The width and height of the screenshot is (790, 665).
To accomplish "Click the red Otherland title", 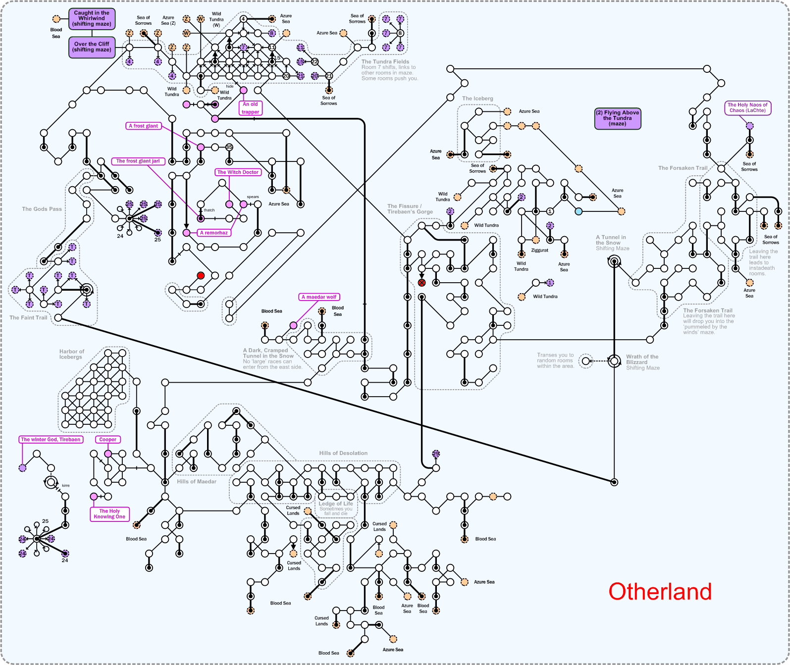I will (660, 592).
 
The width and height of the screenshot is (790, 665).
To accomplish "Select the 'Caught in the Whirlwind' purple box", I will (92, 19).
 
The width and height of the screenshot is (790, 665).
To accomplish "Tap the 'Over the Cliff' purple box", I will (92, 47).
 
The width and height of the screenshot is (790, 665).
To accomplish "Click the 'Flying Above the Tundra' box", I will (618, 118).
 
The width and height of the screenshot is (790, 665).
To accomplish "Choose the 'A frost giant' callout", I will (143, 126).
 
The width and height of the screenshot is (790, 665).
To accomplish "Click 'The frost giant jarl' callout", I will (138, 161).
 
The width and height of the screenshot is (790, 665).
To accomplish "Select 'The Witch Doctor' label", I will (238, 172).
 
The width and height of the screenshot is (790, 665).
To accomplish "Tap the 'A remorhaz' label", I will (214, 233).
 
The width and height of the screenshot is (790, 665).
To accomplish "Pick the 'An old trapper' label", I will (250, 108).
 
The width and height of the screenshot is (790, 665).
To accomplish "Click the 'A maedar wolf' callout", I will (319, 297).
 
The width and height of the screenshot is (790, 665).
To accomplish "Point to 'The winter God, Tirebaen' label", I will (51, 439).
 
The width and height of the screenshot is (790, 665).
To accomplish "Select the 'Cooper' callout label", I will (107, 439).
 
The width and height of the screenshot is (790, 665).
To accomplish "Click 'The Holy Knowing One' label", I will (109, 514).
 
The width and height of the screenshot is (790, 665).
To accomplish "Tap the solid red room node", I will (201, 275).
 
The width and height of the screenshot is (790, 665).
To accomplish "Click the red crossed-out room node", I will (421, 283).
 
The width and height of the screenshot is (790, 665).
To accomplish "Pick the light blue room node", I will (579, 211).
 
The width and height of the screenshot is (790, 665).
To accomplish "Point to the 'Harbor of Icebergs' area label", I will (72, 354).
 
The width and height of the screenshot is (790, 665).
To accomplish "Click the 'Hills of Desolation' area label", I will (343, 453).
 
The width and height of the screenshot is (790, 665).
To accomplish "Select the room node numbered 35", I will (229, 147).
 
